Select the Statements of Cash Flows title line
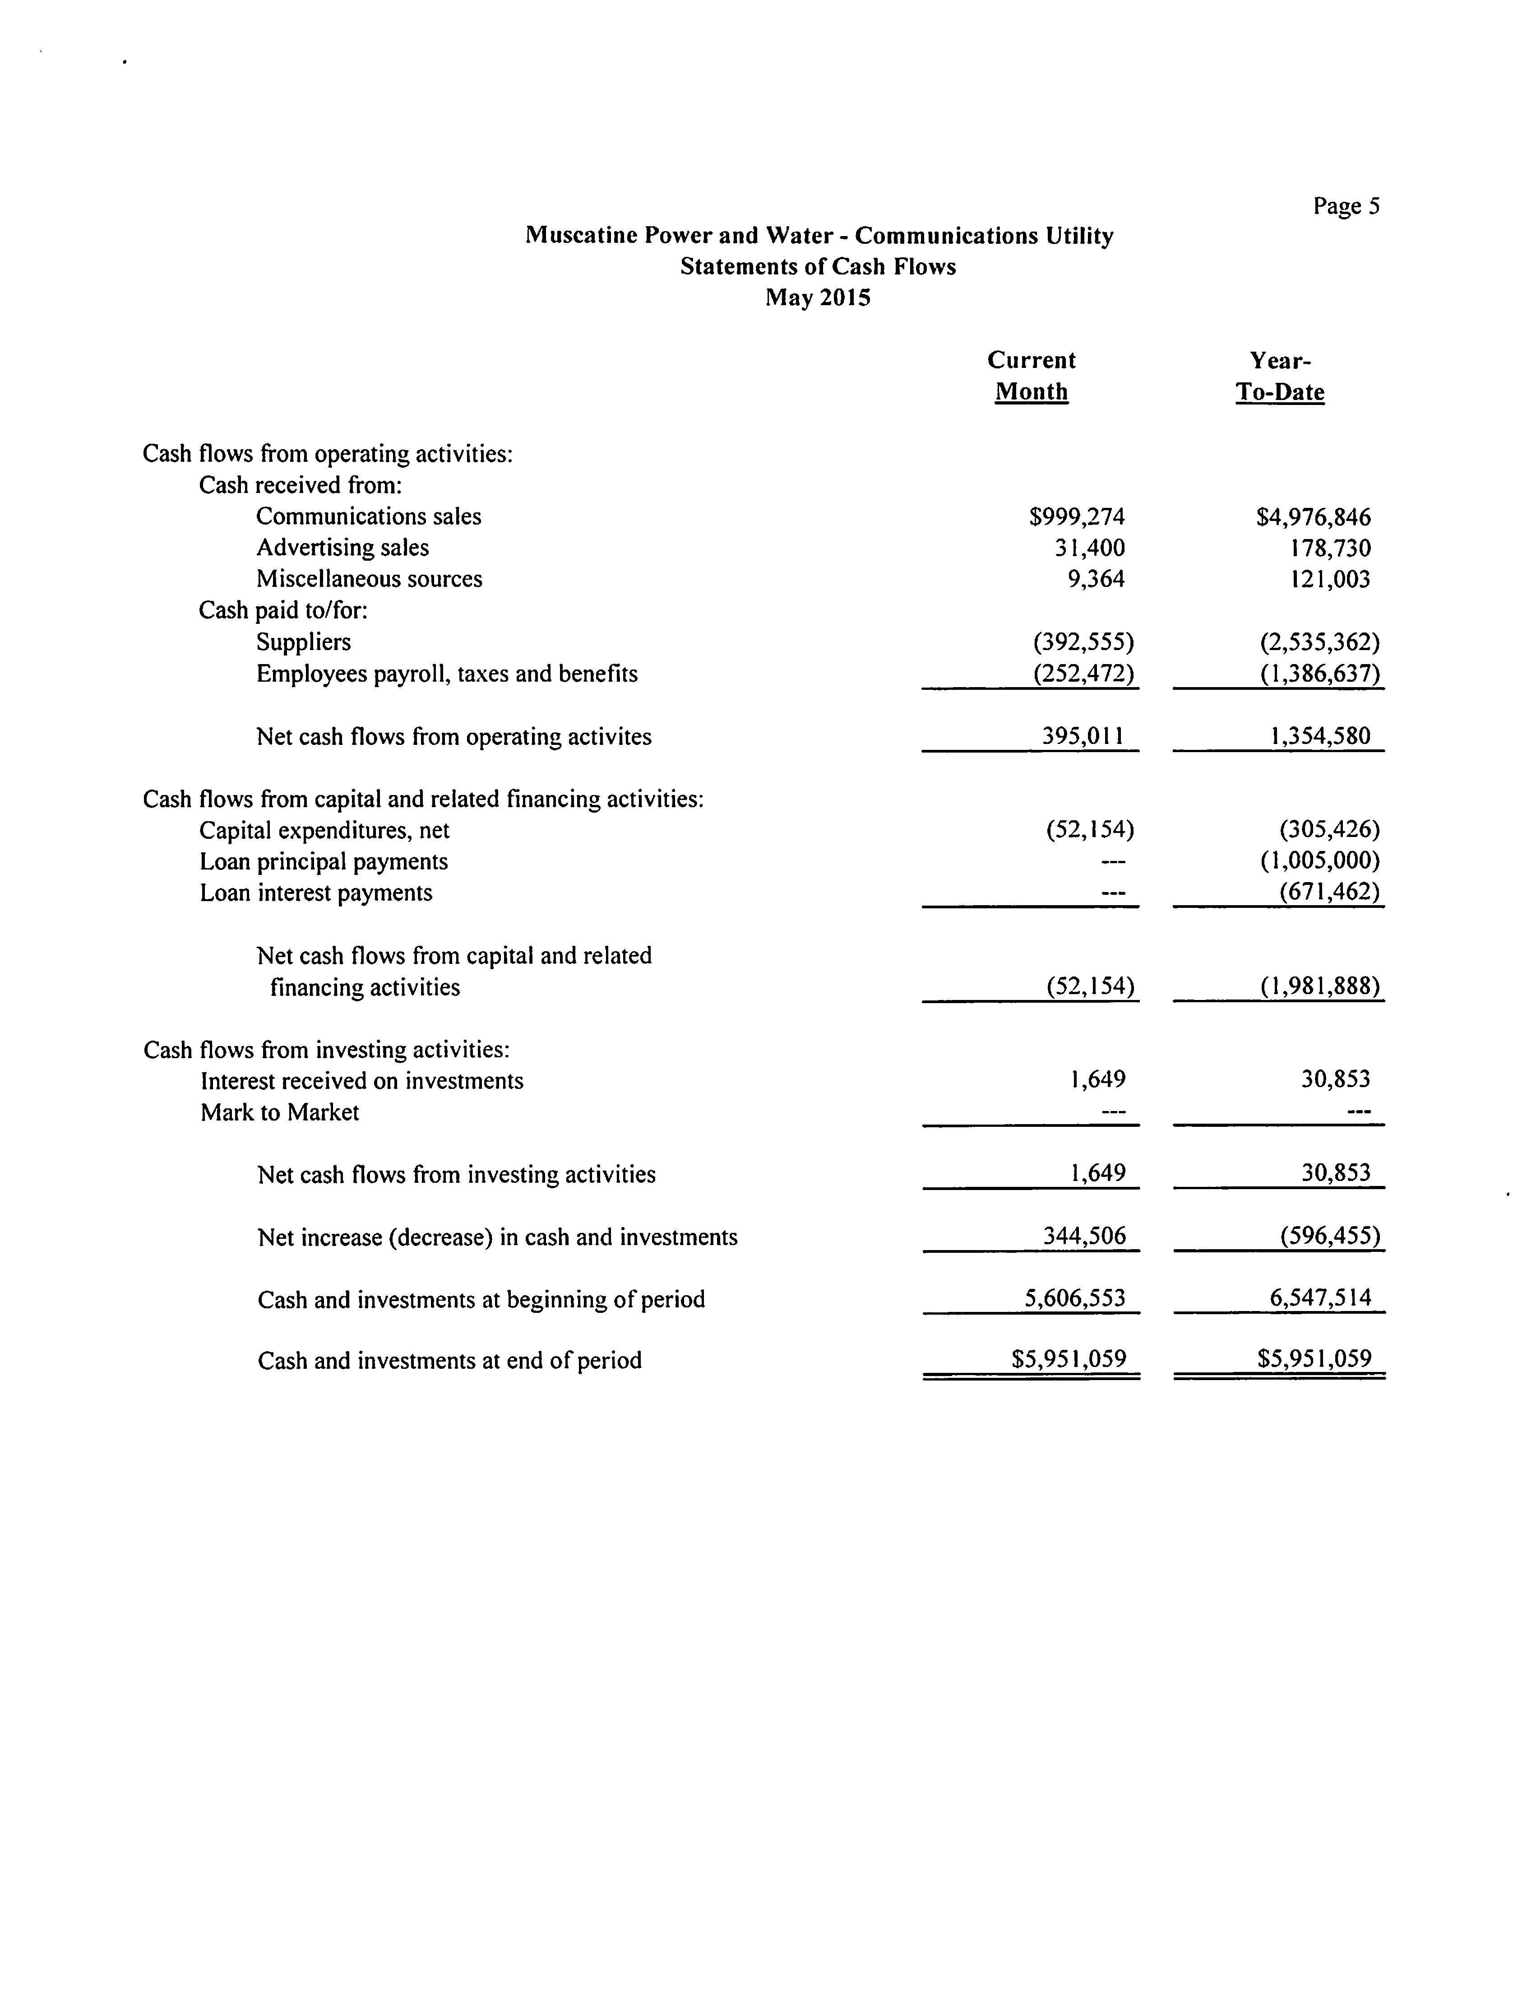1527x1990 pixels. (818, 266)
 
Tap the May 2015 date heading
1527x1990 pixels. (818, 297)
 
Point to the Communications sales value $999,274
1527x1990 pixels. (1077, 516)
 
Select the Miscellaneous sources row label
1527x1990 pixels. (369, 579)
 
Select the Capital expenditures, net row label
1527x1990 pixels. (324, 830)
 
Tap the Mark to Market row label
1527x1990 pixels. (280, 1112)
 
